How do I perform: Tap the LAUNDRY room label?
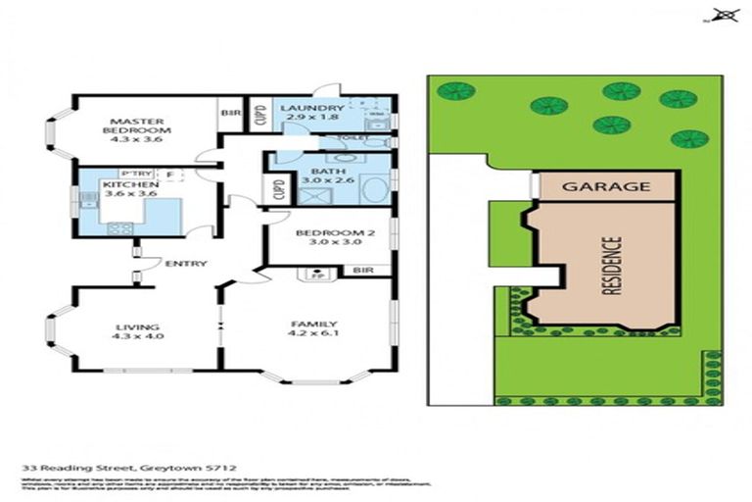click(311, 109)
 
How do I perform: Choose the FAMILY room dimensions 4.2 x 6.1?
click(313, 335)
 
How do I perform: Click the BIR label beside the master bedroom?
click(230, 114)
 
